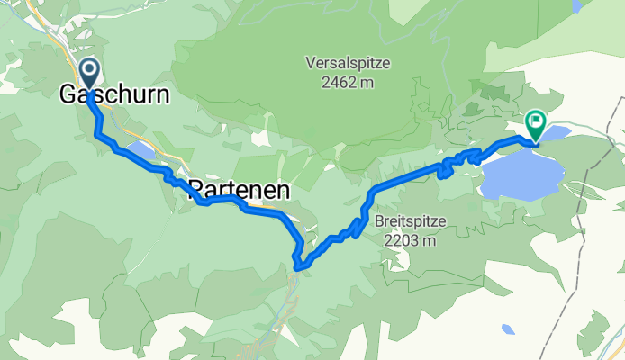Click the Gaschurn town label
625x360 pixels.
[x=114, y=94]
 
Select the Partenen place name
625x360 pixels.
[x=240, y=191]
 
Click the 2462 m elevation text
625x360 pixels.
[x=340, y=83]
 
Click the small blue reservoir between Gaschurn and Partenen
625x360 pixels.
[x=140, y=149]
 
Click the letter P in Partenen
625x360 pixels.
[x=195, y=191]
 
